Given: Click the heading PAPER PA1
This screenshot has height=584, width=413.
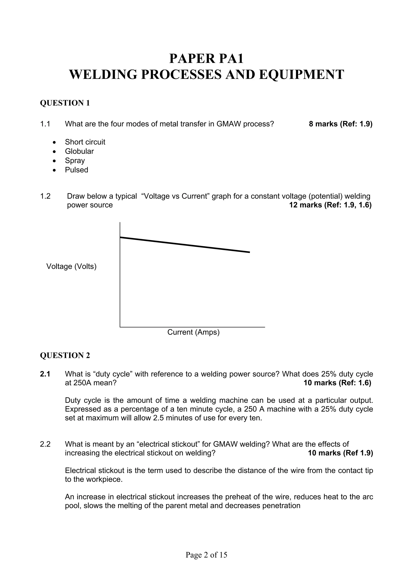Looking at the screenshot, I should tap(206, 58).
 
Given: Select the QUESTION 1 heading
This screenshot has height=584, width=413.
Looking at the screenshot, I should tap(65, 103).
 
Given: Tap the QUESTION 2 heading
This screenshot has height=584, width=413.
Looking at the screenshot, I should tap(65, 355).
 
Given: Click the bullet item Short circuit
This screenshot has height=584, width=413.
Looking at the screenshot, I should tap(85, 142).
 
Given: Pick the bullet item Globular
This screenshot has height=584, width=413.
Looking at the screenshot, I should tap(79, 151).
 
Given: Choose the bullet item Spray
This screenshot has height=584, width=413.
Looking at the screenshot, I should tap(75, 160).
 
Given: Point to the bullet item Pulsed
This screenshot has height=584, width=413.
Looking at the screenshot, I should tap(76, 170).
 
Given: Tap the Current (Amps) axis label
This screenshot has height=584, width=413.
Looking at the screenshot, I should tap(193, 332).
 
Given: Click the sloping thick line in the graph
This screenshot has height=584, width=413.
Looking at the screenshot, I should tap(185, 245).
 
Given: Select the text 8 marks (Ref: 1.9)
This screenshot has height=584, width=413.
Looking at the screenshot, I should tap(340, 124).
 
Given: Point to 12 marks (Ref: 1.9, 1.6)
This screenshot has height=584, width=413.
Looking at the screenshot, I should tap(330, 205).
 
